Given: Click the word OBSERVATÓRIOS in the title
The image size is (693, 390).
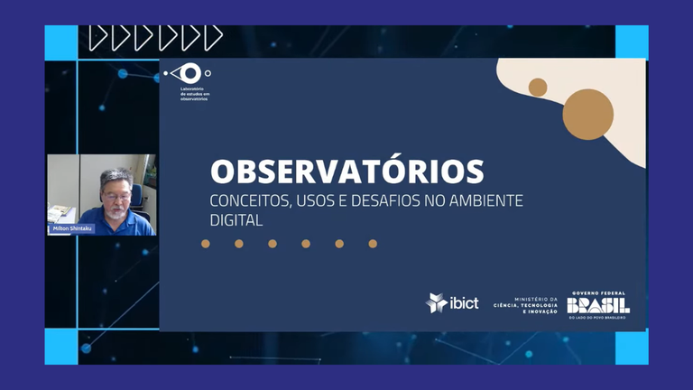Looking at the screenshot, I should [346, 171].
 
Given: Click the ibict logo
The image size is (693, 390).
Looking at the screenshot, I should [452, 302].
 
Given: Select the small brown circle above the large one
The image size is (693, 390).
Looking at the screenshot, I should [538, 87].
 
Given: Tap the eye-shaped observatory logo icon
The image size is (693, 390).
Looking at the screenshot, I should [189, 73].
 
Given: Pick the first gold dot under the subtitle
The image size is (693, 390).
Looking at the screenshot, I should [206, 244].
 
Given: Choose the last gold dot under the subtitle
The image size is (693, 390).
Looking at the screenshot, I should [373, 244].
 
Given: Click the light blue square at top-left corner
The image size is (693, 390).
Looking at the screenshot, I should [61, 42].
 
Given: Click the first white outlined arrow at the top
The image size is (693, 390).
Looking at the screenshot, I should [97, 38].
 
